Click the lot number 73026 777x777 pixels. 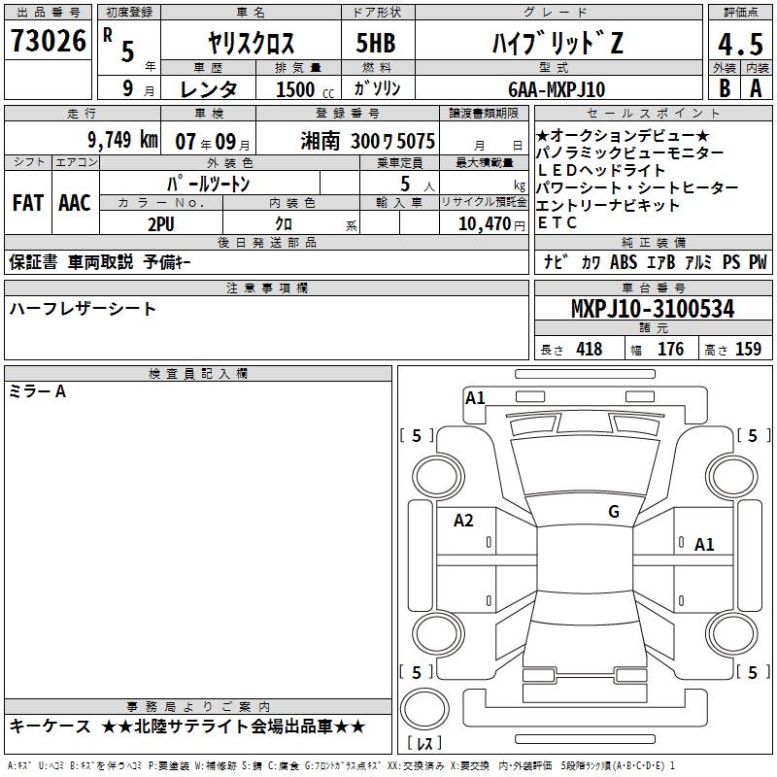pos(48,41)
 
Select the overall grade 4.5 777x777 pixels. pos(740,44)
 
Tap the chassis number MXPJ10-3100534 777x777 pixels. pos(653,309)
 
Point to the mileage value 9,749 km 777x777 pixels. pos(122,140)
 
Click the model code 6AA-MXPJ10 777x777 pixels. pos(557,89)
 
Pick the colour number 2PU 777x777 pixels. pos(161,224)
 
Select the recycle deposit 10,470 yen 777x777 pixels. pos(491,224)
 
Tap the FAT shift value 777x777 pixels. pos(28,203)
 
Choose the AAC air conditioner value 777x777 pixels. pos(75,203)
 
